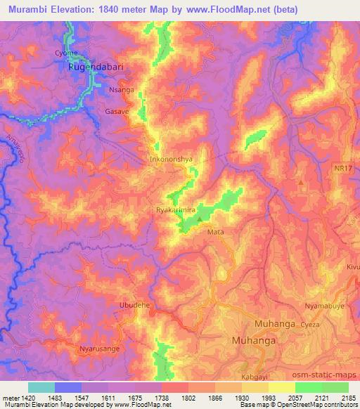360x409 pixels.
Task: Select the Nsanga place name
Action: (x=121, y=90)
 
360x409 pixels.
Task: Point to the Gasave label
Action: (x=117, y=112)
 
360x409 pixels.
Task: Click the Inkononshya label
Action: (x=171, y=159)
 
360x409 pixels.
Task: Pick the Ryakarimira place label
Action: (x=174, y=209)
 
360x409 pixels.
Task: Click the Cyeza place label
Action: (x=310, y=325)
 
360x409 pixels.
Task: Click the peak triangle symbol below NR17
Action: (x=301, y=183)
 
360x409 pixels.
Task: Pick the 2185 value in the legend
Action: (x=348, y=398)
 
